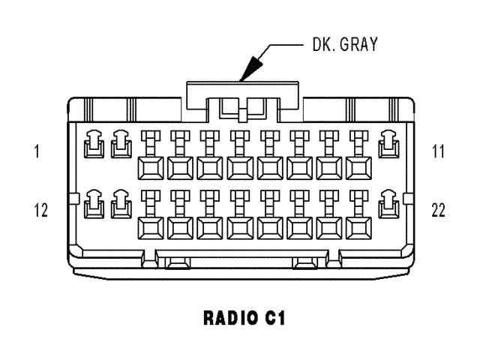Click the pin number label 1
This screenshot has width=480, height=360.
(x=36, y=152)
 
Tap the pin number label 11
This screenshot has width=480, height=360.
(x=438, y=152)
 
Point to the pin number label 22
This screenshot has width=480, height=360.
(x=438, y=210)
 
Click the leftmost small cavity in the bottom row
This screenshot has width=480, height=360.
(x=92, y=203)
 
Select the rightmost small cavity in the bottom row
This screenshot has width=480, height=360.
(x=388, y=203)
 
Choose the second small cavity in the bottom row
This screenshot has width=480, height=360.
(x=119, y=203)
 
